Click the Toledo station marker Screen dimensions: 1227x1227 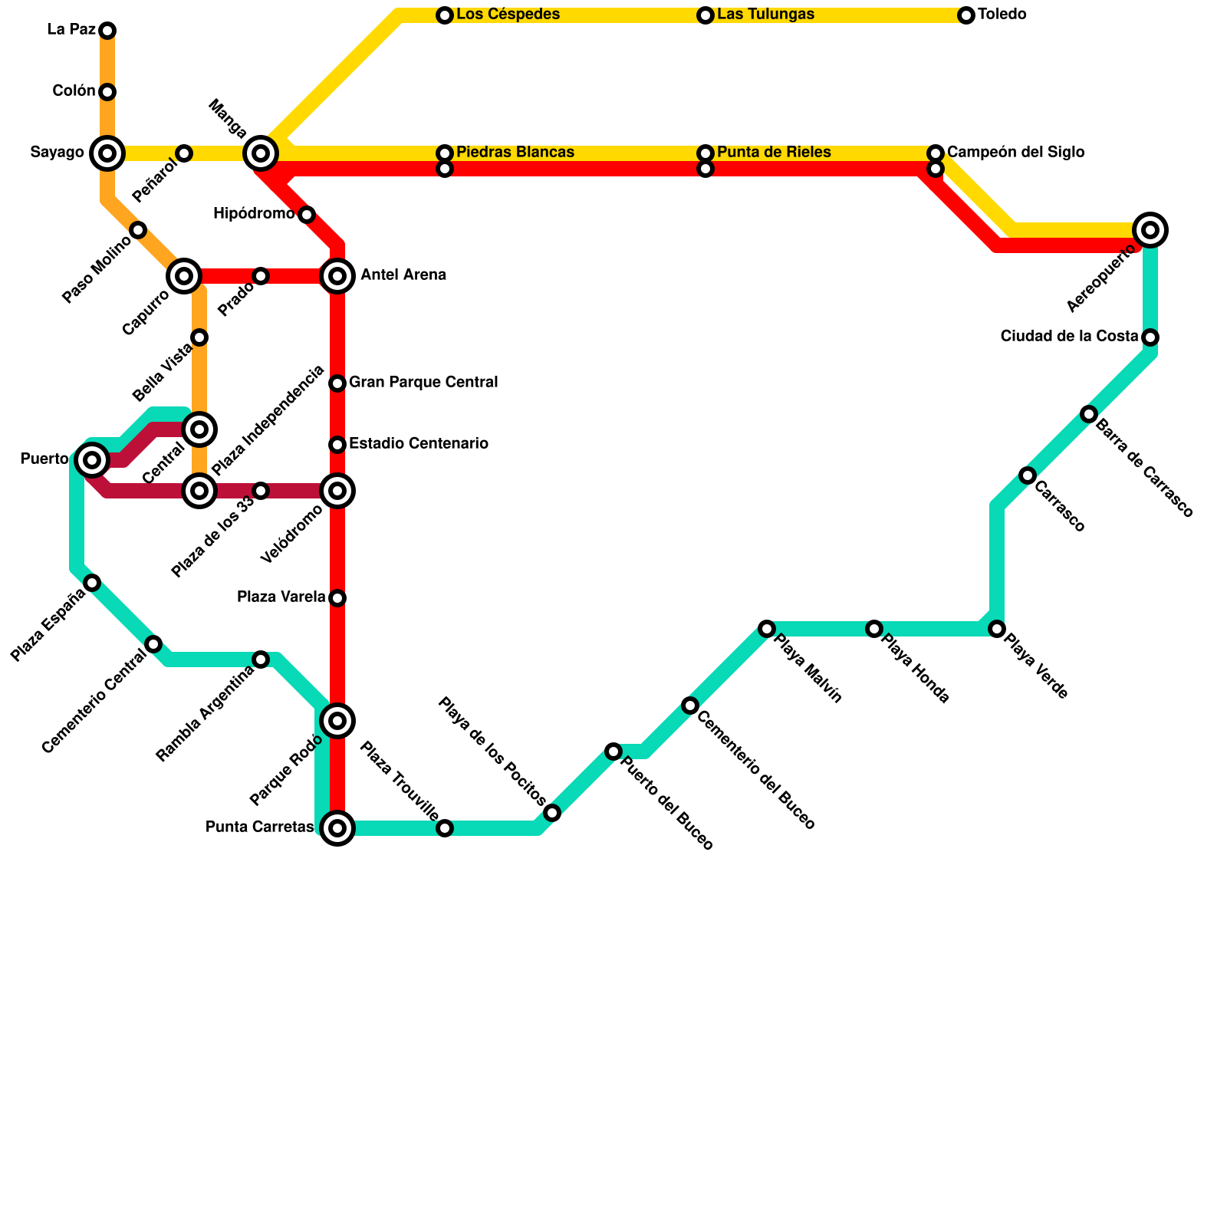click(966, 15)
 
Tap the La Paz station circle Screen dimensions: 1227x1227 click(107, 31)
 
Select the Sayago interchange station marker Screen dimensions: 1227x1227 click(107, 153)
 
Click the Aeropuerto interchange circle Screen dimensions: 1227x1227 click(1150, 229)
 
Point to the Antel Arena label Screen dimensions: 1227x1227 click(403, 275)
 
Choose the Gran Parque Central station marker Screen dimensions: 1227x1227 click(337, 383)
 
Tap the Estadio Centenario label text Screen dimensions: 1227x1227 click(419, 444)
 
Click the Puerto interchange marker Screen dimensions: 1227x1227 click(92, 460)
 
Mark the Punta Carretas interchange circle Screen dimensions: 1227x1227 click(337, 828)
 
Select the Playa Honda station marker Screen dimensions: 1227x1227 click(874, 629)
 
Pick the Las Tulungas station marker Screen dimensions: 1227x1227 click(706, 15)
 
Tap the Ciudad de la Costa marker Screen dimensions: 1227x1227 click(1150, 337)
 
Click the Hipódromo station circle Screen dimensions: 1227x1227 click(307, 215)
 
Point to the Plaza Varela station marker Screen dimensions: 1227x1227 click(337, 598)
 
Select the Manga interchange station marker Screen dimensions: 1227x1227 click(261, 153)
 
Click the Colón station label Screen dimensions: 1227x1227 click(74, 91)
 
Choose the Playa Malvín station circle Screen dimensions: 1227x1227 click(767, 629)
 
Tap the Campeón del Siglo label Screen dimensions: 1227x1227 click(1015, 153)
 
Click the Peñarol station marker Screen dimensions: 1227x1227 click(184, 153)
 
